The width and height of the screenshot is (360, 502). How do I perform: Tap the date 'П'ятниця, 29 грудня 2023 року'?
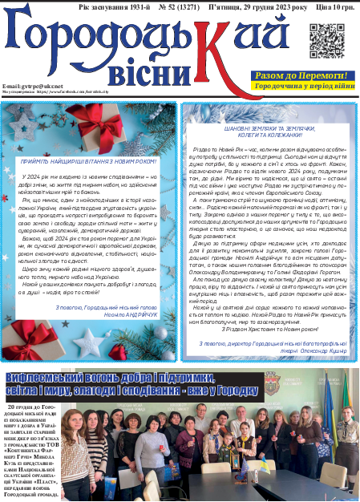pyautogui.click(x=243, y=6)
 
